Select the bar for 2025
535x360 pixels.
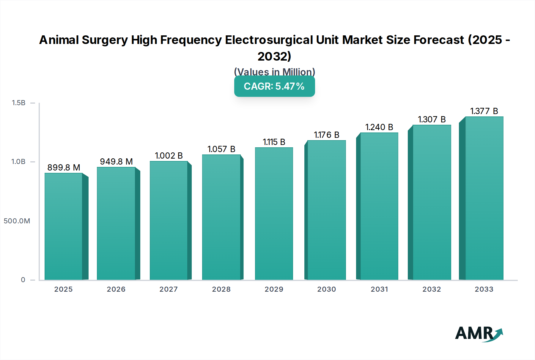click(x=64, y=226)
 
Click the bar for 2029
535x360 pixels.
click(x=274, y=214)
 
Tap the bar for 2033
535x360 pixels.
click(x=484, y=198)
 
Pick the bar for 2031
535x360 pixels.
click(x=379, y=206)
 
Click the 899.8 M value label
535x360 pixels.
click(x=64, y=168)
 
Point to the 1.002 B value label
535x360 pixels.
click(x=169, y=156)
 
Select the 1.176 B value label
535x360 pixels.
click(x=326, y=135)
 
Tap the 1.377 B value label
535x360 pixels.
click(x=484, y=111)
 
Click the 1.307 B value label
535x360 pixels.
click(x=432, y=119)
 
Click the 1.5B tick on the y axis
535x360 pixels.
click(x=18, y=103)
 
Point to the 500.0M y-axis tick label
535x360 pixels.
click(x=17, y=221)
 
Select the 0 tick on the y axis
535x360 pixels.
click(x=23, y=280)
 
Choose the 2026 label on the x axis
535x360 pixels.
click(x=116, y=289)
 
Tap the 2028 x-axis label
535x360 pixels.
click(x=221, y=289)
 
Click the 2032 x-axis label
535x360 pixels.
click(x=432, y=289)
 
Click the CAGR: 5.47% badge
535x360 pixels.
click(x=274, y=86)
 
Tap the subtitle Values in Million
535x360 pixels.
click(x=274, y=72)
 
